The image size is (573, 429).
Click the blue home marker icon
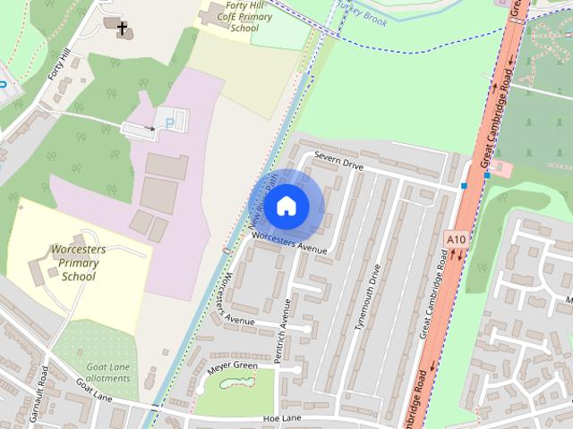click(x=286, y=206)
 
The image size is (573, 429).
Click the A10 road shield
click(x=455, y=240)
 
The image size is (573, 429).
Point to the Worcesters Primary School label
click(x=78, y=263)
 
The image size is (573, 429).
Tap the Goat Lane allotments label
click(x=107, y=373)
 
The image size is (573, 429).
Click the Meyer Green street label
click(x=232, y=366)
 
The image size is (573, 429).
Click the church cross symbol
click(x=122, y=29)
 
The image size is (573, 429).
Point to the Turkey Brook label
click(x=362, y=13)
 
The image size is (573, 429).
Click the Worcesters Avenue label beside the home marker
click(x=290, y=242)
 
